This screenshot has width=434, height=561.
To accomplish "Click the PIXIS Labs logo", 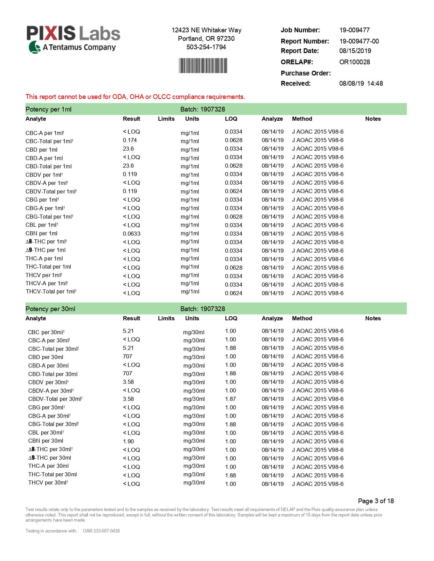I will pyautogui.click(x=73, y=39).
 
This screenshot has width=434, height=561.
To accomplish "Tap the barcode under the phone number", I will pyautogui.click(x=203, y=66).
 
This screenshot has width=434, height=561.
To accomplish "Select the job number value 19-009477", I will pyautogui.click(x=354, y=30).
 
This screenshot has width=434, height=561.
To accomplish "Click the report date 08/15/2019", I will pyautogui.click(x=355, y=51).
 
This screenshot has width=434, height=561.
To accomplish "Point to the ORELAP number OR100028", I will pyautogui.click(x=354, y=62).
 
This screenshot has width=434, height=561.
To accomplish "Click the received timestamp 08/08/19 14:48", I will pyautogui.click(x=361, y=83).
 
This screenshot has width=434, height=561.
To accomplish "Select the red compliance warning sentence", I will pyautogui.click(x=135, y=97).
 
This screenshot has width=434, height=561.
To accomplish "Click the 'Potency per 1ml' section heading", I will pyautogui.click(x=48, y=109).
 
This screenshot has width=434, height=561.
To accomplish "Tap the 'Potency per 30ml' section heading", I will pyautogui.click(x=50, y=309).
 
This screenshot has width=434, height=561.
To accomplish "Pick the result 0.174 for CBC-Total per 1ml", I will pyautogui.click(x=130, y=140).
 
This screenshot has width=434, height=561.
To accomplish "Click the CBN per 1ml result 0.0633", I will pyautogui.click(x=131, y=234).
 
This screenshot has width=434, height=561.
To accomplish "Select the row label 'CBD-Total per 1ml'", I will pyautogui.click(x=49, y=166).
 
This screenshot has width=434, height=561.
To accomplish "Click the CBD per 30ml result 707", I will pyautogui.click(x=127, y=356).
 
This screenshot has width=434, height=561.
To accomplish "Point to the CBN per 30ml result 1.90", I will pyautogui.click(x=128, y=441).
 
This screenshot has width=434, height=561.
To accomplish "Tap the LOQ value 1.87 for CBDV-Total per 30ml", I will pyautogui.click(x=230, y=399).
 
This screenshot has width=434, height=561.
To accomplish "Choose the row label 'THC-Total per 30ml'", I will pyautogui.click(x=52, y=474).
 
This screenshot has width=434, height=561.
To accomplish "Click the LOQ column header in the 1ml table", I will pyautogui.click(x=231, y=119).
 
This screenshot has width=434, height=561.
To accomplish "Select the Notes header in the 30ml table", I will pyautogui.click(x=373, y=318).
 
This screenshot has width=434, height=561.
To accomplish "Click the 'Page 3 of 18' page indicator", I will pyautogui.click(x=375, y=501).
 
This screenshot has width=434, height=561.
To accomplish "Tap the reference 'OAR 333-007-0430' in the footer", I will pyautogui.click(x=101, y=531).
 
